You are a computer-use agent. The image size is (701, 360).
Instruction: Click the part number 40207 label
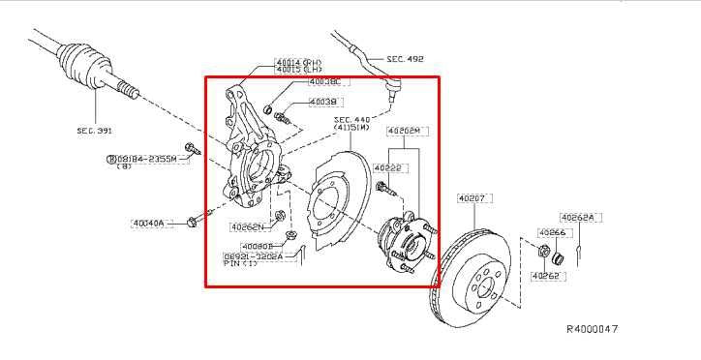[x=471, y=197]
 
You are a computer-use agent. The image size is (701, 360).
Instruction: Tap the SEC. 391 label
[x=96, y=129]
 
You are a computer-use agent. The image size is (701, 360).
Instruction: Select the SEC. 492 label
[x=406, y=59]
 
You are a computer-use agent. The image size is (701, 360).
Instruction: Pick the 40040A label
[x=150, y=223]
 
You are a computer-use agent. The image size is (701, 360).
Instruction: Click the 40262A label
[x=578, y=218]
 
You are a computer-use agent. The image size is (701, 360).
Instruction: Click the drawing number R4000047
[x=592, y=329]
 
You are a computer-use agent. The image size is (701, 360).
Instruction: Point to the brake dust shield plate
[x=334, y=203]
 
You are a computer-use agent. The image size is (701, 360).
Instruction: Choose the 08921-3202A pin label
[x=254, y=257]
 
